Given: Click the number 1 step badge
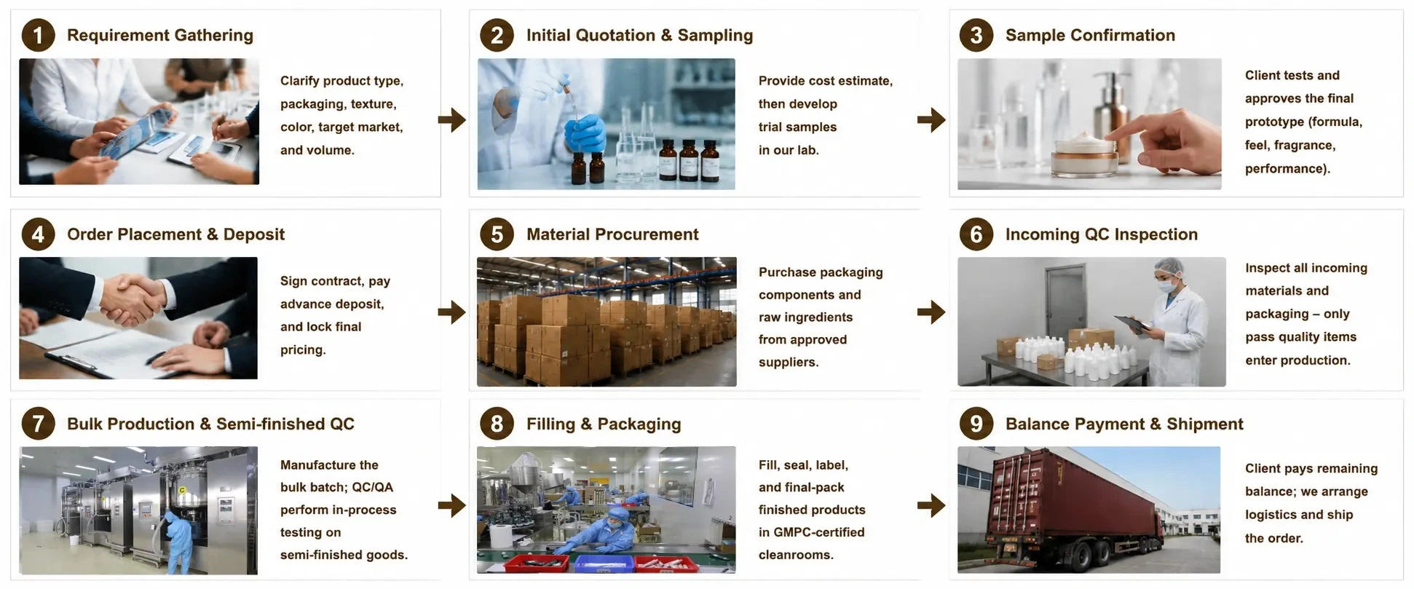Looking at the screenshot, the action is pyautogui.click(x=38, y=35).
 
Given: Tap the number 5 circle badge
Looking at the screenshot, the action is pyautogui.click(x=497, y=234).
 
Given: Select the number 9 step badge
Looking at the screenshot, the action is pyautogui.click(x=976, y=424).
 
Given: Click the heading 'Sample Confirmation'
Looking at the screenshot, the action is pyautogui.click(x=1090, y=35).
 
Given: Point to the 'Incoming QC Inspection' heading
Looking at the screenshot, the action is pyautogui.click(x=1101, y=234).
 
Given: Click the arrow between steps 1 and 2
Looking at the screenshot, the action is pyautogui.click(x=452, y=119).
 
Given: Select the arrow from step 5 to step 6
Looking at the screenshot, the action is pyautogui.click(x=931, y=312).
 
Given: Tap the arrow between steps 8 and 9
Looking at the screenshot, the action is pyautogui.click(x=931, y=505).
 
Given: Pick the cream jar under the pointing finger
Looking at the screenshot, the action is pyautogui.click(x=1085, y=155).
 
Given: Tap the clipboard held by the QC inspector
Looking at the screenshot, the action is pyautogui.click(x=1132, y=325).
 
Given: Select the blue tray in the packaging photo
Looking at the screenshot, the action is pyautogui.click(x=603, y=564).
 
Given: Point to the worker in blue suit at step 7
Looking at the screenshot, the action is pyautogui.click(x=177, y=542).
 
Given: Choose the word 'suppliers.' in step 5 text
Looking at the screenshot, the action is pyautogui.click(x=789, y=363).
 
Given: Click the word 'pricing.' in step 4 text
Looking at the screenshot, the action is pyautogui.click(x=303, y=350).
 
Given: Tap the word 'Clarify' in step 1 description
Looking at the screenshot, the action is pyautogui.click(x=299, y=81).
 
